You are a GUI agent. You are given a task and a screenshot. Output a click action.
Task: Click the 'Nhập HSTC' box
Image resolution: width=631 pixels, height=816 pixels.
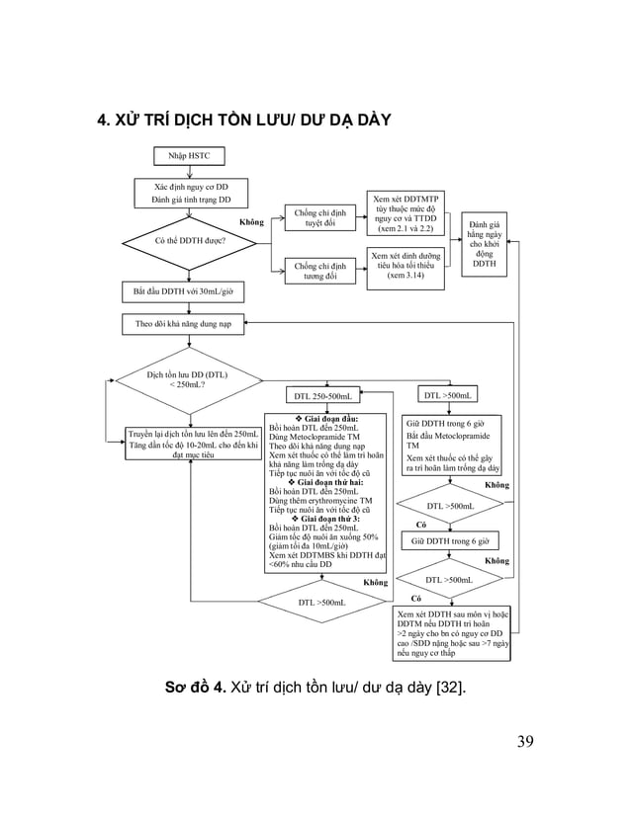tap(189, 156)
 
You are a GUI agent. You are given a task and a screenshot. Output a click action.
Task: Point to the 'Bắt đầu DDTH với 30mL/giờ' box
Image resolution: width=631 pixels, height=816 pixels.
tap(183, 292)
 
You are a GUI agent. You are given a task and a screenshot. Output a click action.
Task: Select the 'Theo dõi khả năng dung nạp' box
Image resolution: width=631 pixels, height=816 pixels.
tap(183, 323)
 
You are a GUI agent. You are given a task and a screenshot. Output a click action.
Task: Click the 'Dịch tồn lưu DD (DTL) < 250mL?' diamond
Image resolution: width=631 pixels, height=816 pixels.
tap(188, 380)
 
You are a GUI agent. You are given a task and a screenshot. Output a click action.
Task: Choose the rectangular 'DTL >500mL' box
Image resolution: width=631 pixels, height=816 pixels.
tap(448, 395)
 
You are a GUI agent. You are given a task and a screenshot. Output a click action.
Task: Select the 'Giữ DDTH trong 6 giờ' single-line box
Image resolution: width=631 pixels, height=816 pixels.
tap(450, 541)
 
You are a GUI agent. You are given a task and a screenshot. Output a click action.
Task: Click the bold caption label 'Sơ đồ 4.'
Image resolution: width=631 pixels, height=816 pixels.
tap(196, 689)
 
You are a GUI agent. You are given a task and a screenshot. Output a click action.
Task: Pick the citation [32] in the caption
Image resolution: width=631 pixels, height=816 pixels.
tap(453, 689)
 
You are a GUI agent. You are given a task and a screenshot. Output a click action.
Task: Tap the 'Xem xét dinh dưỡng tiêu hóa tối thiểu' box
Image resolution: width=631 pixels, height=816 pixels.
tap(406, 266)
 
